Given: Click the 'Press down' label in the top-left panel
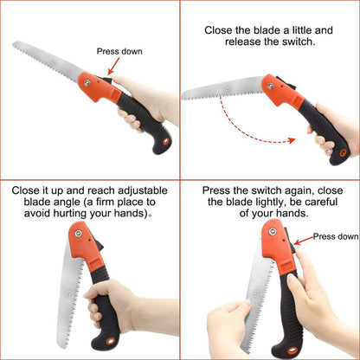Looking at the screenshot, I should click(x=119, y=51).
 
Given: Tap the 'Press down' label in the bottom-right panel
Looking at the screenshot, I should click(x=336, y=235).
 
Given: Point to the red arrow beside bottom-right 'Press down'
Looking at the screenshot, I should click(x=303, y=240).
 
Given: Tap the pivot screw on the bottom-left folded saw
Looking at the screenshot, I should click(x=75, y=235).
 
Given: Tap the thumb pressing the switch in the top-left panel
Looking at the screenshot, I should click(x=114, y=82).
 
